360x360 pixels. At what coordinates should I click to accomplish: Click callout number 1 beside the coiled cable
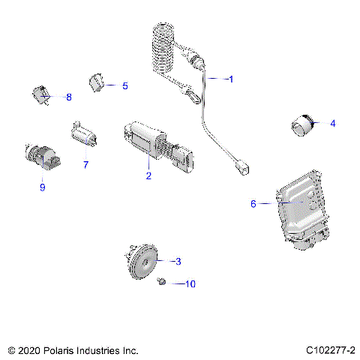[x=231, y=79]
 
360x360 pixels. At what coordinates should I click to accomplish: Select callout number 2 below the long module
[x=148, y=176]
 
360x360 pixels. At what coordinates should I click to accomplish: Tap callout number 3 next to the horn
[x=178, y=262]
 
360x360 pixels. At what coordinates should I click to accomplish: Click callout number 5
[x=124, y=86]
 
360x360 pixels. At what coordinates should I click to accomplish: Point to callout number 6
[x=253, y=203]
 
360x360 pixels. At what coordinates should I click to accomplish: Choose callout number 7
[x=85, y=165]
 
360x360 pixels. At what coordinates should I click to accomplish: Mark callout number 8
[x=69, y=97]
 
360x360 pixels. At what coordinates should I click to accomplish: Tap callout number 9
[x=42, y=187]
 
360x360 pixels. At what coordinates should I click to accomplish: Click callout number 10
[x=190, y=284]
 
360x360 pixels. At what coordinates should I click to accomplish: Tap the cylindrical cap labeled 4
[x=303, y=125]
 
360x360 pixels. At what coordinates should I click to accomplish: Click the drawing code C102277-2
[x=330, y=350]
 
